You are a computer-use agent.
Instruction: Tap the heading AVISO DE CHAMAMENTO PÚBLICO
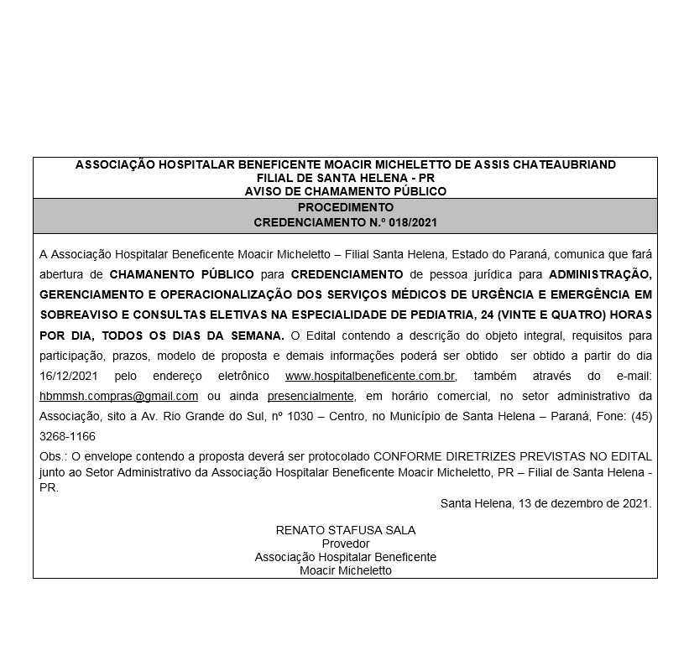coord(345,191)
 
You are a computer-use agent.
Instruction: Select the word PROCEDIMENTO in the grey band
coord(345,207)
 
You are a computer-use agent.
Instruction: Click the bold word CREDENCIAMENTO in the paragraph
coord(347,273)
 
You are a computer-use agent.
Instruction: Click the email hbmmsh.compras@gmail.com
coord(118,396)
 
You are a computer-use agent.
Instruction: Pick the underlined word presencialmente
coord(311,396)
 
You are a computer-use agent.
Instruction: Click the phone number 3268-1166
coord(67,436)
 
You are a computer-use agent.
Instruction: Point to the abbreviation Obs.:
coord(54,455)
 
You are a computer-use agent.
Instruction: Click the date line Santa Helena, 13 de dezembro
coord(545,503)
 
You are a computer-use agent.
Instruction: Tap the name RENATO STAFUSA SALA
coord(345,530)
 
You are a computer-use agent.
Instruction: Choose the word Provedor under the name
coord(345,544)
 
